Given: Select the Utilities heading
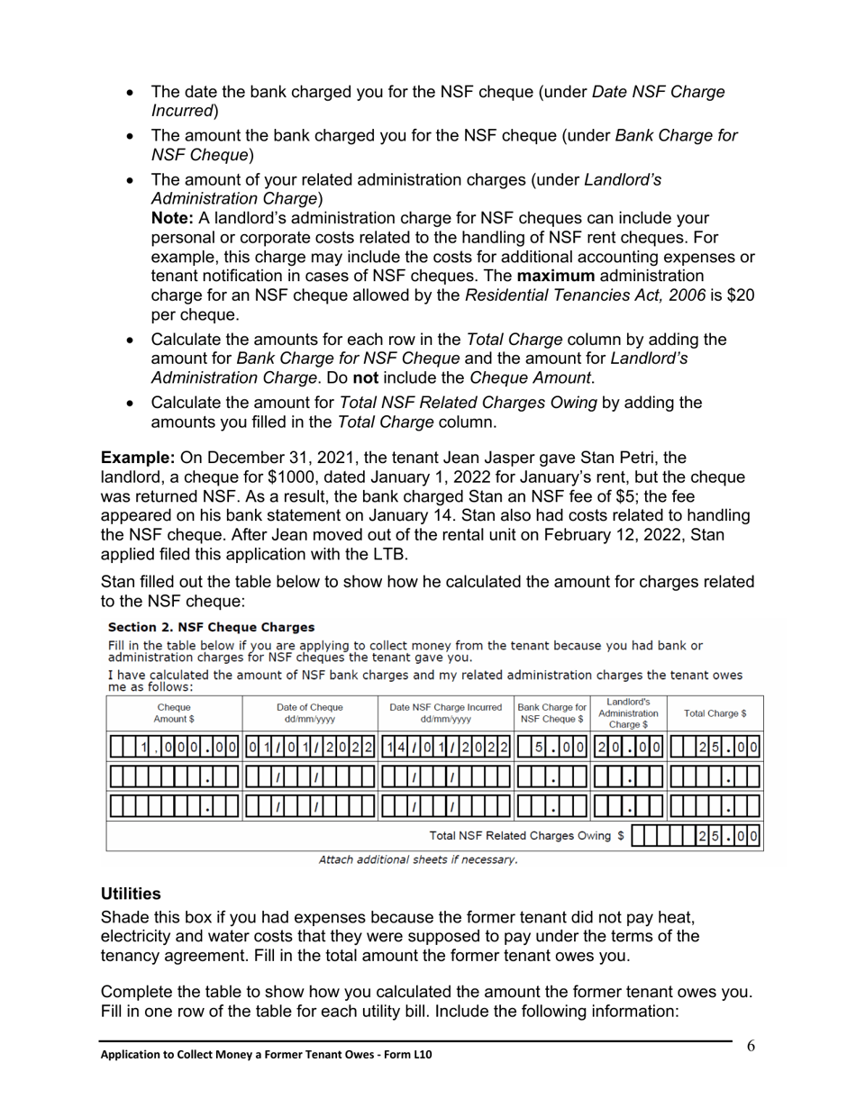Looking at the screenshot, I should [x=131, y=894].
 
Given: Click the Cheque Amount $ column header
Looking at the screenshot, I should [x=174, y=713].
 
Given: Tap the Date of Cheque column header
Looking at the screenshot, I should [x=309, y=713].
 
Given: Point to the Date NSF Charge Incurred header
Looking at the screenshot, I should [x=445, y=713].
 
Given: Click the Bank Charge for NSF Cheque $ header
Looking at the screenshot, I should [x=551, y=713].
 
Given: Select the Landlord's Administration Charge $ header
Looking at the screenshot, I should [x=628, y=713].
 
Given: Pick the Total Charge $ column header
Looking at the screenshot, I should [x=715, y=713].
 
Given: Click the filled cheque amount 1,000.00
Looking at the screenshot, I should [x=174, y=747].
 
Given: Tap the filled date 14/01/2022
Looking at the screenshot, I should [x=445, y=747].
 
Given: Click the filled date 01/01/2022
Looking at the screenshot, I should [x=309, y=747].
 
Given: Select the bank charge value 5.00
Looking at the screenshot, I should [x=551, y=747].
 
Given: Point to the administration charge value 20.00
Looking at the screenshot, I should [x=628, y=747].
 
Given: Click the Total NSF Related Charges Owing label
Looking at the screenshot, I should [x=526, y=836].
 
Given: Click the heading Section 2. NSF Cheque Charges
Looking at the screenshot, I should [x=211, y=627].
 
